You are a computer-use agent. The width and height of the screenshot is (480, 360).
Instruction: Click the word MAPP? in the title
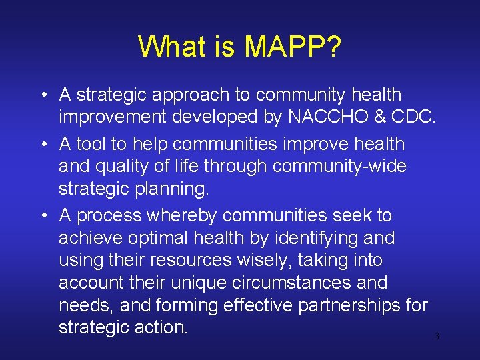click(x=293, y=47)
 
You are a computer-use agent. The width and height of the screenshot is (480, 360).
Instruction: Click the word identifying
click(x=312, y=238)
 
